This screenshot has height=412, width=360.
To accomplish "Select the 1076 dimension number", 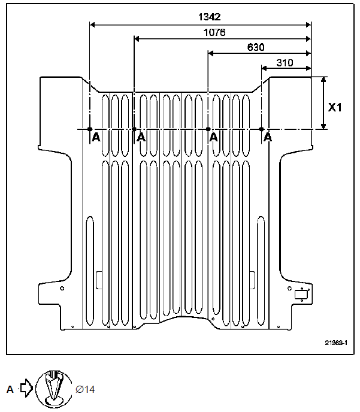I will [x=214, y=32].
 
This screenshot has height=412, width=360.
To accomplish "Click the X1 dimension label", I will [x=335, y=108].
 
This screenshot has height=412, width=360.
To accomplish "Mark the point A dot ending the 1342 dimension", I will [x=89, y=129].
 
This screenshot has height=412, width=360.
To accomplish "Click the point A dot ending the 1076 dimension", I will [x=134, y=129].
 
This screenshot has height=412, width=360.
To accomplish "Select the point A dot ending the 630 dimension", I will [x=208, y=129].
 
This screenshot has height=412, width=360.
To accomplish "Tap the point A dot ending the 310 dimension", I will [x=262, y=129].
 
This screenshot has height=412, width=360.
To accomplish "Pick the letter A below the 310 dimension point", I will [x=268, y=138].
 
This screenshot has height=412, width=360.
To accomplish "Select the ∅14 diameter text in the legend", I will [x=85, y=389].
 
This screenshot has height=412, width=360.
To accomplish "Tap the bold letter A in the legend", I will [x=10, y=389].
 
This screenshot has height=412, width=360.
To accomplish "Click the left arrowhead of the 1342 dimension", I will [x=92, y=25].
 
